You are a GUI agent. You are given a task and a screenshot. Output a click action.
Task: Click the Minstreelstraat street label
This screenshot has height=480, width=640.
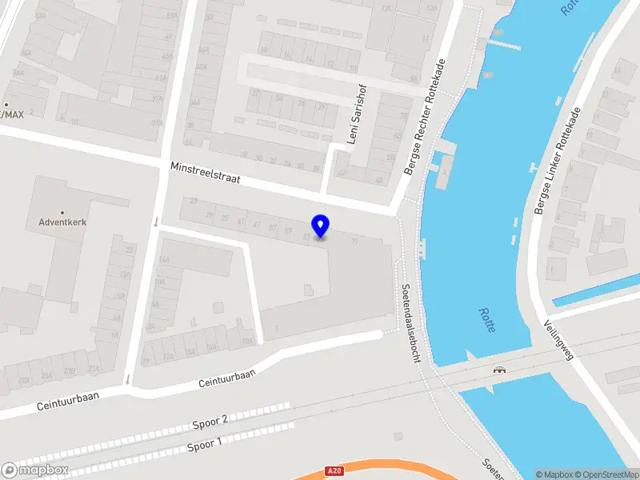[206, 174]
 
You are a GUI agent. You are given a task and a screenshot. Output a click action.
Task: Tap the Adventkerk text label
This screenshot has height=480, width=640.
[62, 222]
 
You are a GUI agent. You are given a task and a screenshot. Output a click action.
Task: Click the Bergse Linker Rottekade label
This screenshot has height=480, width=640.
[559, 161]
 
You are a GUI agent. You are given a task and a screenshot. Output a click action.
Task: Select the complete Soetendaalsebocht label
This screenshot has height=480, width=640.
[411, 322]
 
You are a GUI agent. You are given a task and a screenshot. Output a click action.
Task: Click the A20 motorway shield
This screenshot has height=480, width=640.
[334, 471]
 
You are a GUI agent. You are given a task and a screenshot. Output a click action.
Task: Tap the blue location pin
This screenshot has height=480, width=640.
[321, 226]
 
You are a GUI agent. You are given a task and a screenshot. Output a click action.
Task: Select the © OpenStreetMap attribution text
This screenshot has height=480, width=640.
[605, 474]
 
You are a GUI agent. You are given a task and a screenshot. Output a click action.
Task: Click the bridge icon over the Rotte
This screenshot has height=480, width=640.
[500, 370]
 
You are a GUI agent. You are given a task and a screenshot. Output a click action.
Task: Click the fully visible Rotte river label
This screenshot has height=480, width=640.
[486, 320]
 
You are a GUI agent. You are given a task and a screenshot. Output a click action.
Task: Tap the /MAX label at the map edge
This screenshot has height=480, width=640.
[11, 114]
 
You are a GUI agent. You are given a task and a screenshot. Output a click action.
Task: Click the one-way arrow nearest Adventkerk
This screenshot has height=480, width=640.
[155, 222]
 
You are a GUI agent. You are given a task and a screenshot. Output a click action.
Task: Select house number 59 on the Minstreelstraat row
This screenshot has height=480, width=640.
[288, 231]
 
